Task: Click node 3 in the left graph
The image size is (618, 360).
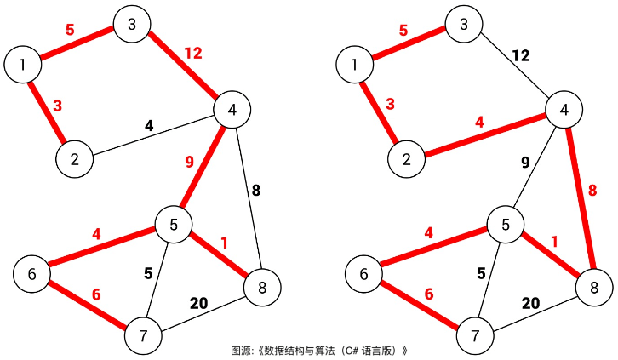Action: tap(132, 25)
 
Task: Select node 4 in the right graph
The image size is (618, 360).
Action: tap(564, 110)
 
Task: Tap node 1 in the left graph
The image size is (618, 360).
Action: tap(23, 64)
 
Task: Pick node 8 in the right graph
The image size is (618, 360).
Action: tap(593, 287)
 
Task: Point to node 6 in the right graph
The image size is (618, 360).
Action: tap(364, 274)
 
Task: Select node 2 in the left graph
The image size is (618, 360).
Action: tap(75, 158)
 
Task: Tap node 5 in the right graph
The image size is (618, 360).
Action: tap(505, 225)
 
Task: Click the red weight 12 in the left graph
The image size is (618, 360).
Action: tap(193, 54)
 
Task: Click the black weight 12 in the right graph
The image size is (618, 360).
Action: tap(520, 56)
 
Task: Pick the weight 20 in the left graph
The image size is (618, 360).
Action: tap(199, 304)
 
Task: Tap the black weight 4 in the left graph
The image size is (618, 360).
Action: tap(149, 126)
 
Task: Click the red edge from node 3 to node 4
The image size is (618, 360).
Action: tap(181, 67)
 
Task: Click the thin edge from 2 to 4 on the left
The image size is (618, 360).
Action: tap(153, 134)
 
